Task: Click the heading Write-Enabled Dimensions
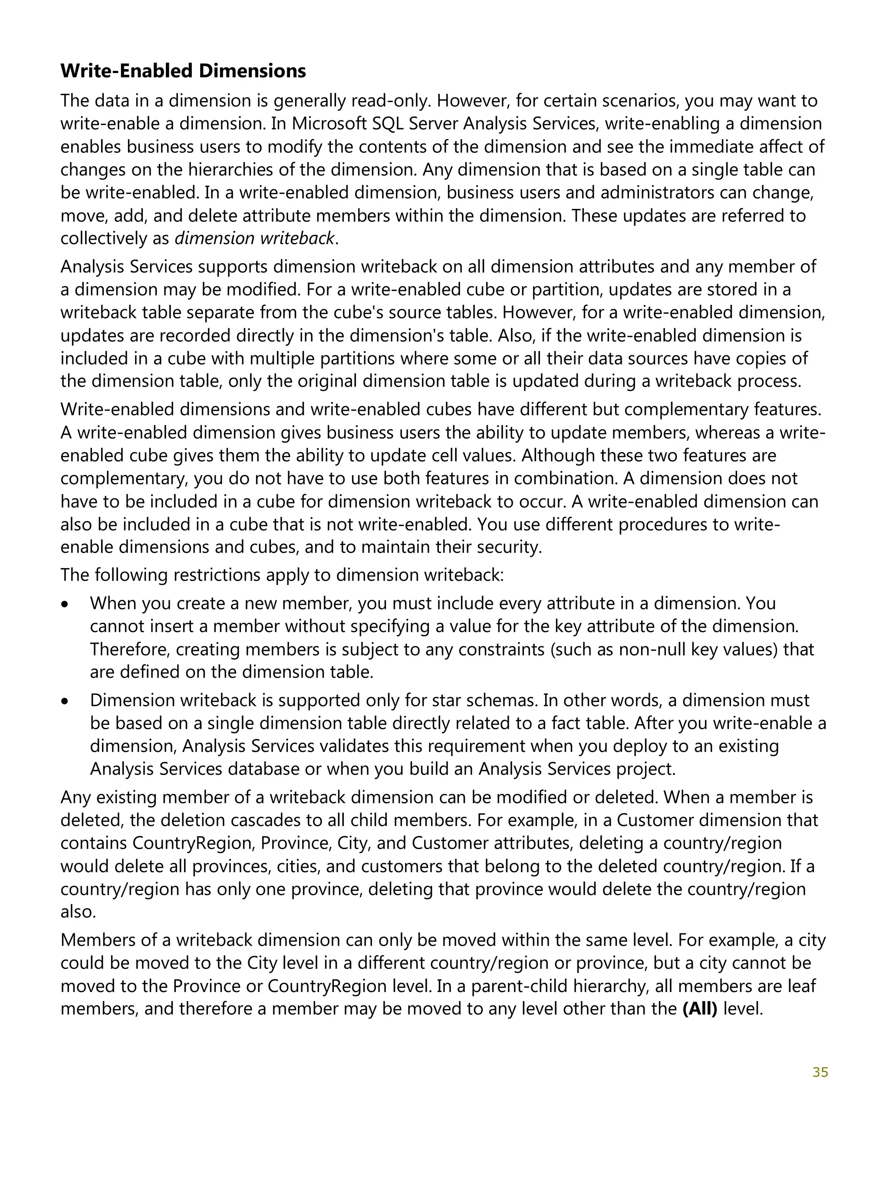pos(183,71)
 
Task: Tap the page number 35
pos(820,1072)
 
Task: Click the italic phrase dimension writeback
pos(255,238)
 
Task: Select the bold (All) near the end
pos(700,1009)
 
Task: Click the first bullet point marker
pos(65,604)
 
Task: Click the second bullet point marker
pos(65,701)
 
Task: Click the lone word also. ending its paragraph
pos(78,912)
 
